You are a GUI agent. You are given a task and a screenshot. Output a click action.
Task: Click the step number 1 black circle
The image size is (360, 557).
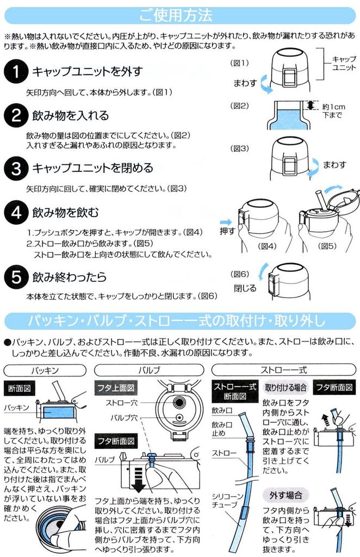click(16, 71)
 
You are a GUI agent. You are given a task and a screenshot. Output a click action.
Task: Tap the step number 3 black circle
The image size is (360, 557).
click(16, 168)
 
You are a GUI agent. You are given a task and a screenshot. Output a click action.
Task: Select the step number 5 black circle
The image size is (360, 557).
click(16, 277)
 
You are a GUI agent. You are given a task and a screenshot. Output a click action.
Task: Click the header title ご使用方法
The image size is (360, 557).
click(176, 15)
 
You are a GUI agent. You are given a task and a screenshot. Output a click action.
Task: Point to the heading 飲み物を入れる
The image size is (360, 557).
click(70, 115)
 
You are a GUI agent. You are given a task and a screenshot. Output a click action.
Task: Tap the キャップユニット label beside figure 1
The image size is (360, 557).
click(344, 63)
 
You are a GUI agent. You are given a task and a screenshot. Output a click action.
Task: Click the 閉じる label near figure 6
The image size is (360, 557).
click(245, 288)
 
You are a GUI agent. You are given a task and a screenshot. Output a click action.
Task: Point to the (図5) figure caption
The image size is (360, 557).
click(327, 246)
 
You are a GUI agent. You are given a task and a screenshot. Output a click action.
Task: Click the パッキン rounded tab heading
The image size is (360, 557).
click(45, 370)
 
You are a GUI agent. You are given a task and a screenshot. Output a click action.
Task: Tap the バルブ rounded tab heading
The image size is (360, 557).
click(149, 370)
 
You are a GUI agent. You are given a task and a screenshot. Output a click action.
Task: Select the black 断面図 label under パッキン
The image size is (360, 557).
click(20, 388)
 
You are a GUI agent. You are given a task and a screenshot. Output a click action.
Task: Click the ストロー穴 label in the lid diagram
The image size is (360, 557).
click(122, 403)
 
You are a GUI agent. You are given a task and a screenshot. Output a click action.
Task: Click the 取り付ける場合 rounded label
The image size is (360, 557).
click(285, 387)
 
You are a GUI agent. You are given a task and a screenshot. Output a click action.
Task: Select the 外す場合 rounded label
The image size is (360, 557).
click(285, 495)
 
